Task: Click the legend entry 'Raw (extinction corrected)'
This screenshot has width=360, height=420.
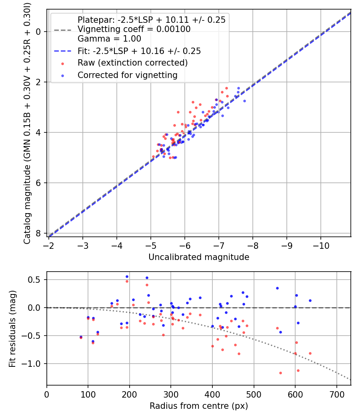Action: pos(132,63)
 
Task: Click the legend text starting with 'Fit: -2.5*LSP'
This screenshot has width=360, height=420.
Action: pos(139,51)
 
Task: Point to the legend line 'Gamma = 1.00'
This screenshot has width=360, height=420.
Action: pos(109,39)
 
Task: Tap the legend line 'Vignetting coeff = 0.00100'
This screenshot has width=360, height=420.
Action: pos(134,29)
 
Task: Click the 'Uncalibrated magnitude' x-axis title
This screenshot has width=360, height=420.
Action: pos(199,257)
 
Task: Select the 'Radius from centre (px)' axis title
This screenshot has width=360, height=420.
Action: pos(199,406)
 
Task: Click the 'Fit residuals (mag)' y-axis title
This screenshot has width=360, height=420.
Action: pos(12,328)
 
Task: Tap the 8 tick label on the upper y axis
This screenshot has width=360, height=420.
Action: pos(38,233)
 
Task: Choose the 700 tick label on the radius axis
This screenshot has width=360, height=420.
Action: pos(336,394)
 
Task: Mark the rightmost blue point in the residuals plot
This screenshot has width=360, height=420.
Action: pos(310,300)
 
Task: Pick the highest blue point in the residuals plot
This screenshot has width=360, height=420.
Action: pos(127,276)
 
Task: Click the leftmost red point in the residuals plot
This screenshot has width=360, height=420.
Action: pos(81,338)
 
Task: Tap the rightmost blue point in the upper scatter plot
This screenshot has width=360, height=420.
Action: pos(244,101)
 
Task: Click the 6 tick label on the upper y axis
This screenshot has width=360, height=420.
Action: pos(38,183)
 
